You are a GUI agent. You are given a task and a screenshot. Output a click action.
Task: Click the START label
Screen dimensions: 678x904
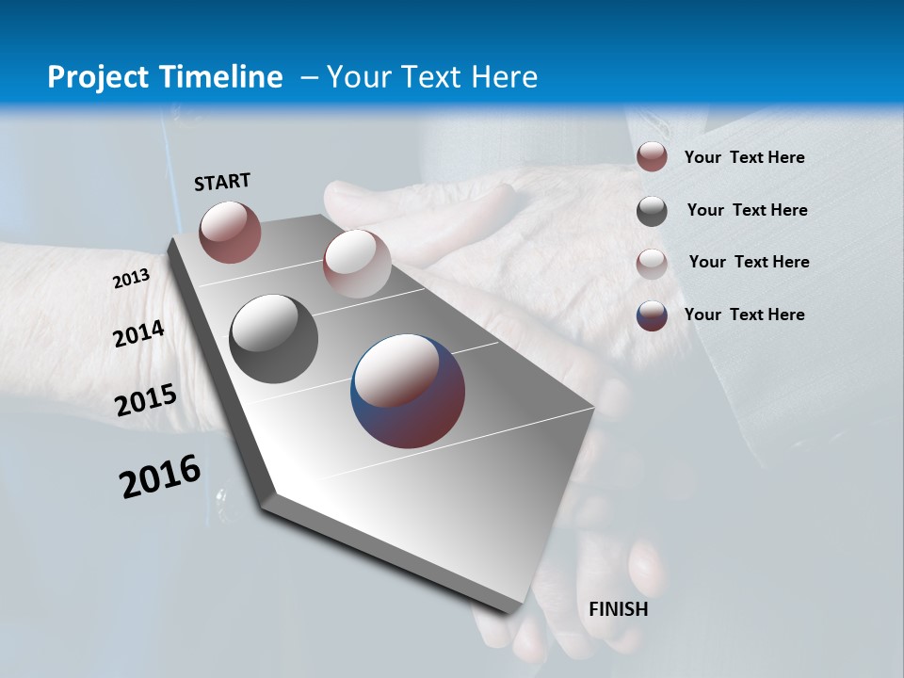point(222,182)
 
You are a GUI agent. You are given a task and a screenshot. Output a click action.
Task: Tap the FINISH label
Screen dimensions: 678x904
point(618,609)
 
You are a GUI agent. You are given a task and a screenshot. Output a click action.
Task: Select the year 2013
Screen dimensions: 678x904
point(131,279)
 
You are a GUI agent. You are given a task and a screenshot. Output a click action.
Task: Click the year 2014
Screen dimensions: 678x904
point(138,333)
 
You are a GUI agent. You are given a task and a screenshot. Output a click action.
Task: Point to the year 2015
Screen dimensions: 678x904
point(146,400)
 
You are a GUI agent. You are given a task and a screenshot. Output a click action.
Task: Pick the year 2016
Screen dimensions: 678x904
point(160,476)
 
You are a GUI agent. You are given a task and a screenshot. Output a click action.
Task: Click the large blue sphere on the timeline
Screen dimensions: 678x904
point(408,391)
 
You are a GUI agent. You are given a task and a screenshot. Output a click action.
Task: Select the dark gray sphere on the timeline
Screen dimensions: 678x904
point(273,339)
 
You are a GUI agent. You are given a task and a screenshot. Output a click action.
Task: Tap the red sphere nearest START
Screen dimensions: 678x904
point(230,232)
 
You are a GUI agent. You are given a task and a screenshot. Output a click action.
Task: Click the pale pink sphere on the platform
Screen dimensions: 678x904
point(357,264)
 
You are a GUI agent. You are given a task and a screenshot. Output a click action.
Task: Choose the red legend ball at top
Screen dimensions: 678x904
point(652,157)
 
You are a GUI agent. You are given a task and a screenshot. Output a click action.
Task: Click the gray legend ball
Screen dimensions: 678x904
point(652,211)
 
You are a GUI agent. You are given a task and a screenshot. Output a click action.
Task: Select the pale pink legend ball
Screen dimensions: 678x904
point(652,263)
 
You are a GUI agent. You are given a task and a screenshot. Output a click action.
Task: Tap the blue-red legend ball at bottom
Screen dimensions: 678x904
point(652,315)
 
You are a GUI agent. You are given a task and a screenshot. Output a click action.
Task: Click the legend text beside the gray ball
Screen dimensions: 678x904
point(747,210)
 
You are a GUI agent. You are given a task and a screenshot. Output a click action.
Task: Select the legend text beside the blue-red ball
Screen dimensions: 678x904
point(744,315)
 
